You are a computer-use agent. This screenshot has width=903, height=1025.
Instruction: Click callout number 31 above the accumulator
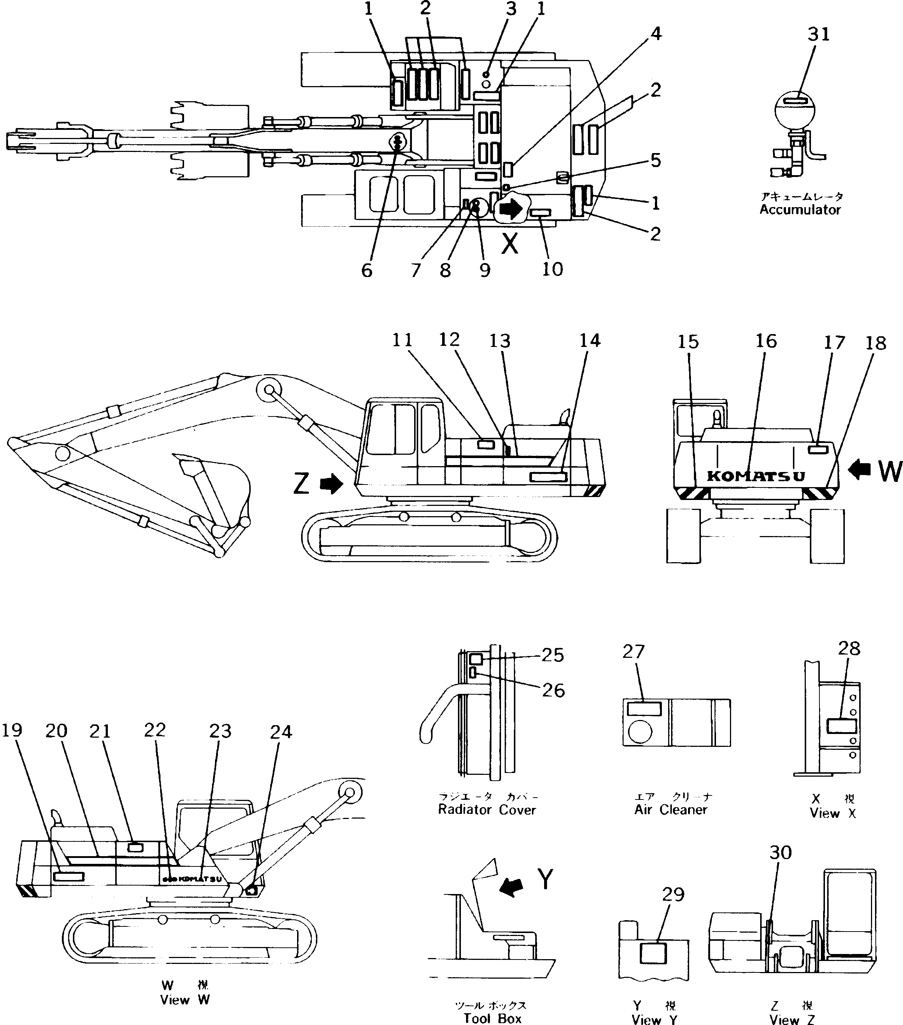(819, 34)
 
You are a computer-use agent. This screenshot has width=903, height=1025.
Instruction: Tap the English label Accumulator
(800, 210)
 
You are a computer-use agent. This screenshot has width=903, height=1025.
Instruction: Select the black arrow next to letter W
(859, 470)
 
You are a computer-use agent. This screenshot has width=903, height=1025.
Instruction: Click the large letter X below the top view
(510, 244)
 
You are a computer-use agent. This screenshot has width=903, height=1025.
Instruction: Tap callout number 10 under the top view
(552, 269)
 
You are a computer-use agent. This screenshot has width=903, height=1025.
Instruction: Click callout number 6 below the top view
(367, 271)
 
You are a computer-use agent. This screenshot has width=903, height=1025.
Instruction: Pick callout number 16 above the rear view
(766, 341)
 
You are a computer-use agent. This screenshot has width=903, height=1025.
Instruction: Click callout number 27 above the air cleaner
(633, 652)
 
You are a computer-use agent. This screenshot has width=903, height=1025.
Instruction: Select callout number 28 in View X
(849, 648)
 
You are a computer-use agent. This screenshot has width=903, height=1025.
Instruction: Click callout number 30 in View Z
(780, 852)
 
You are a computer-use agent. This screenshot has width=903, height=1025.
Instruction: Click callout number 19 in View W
(12, 730)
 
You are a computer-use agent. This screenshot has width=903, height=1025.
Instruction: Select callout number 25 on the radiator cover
(553, 655)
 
